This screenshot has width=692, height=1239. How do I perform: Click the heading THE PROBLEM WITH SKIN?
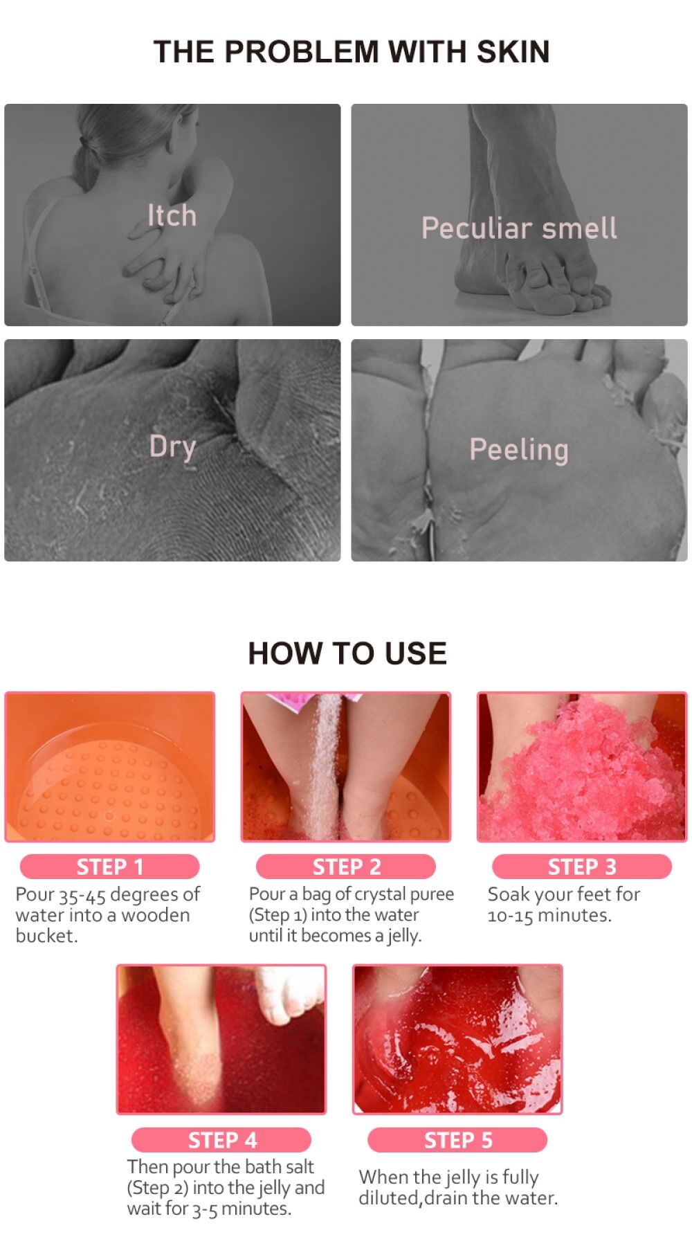tap(352, 52)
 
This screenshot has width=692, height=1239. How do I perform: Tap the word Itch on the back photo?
tap(172, 215)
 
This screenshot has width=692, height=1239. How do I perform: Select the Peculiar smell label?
tap(519, 228)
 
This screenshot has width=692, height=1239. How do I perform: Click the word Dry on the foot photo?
tap(172, 446)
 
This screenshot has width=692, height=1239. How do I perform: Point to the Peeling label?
tap(519, 449)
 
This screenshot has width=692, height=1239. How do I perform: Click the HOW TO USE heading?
tap(347, 653)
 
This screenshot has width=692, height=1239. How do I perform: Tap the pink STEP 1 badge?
tap(110, 867)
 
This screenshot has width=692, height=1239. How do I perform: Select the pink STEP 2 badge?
tap(346, 867)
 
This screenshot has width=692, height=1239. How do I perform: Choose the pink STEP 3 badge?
tap(582, 867)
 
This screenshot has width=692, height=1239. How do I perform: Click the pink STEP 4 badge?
tap(221, 1139)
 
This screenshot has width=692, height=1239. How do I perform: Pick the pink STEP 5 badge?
tap(457, 1139)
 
